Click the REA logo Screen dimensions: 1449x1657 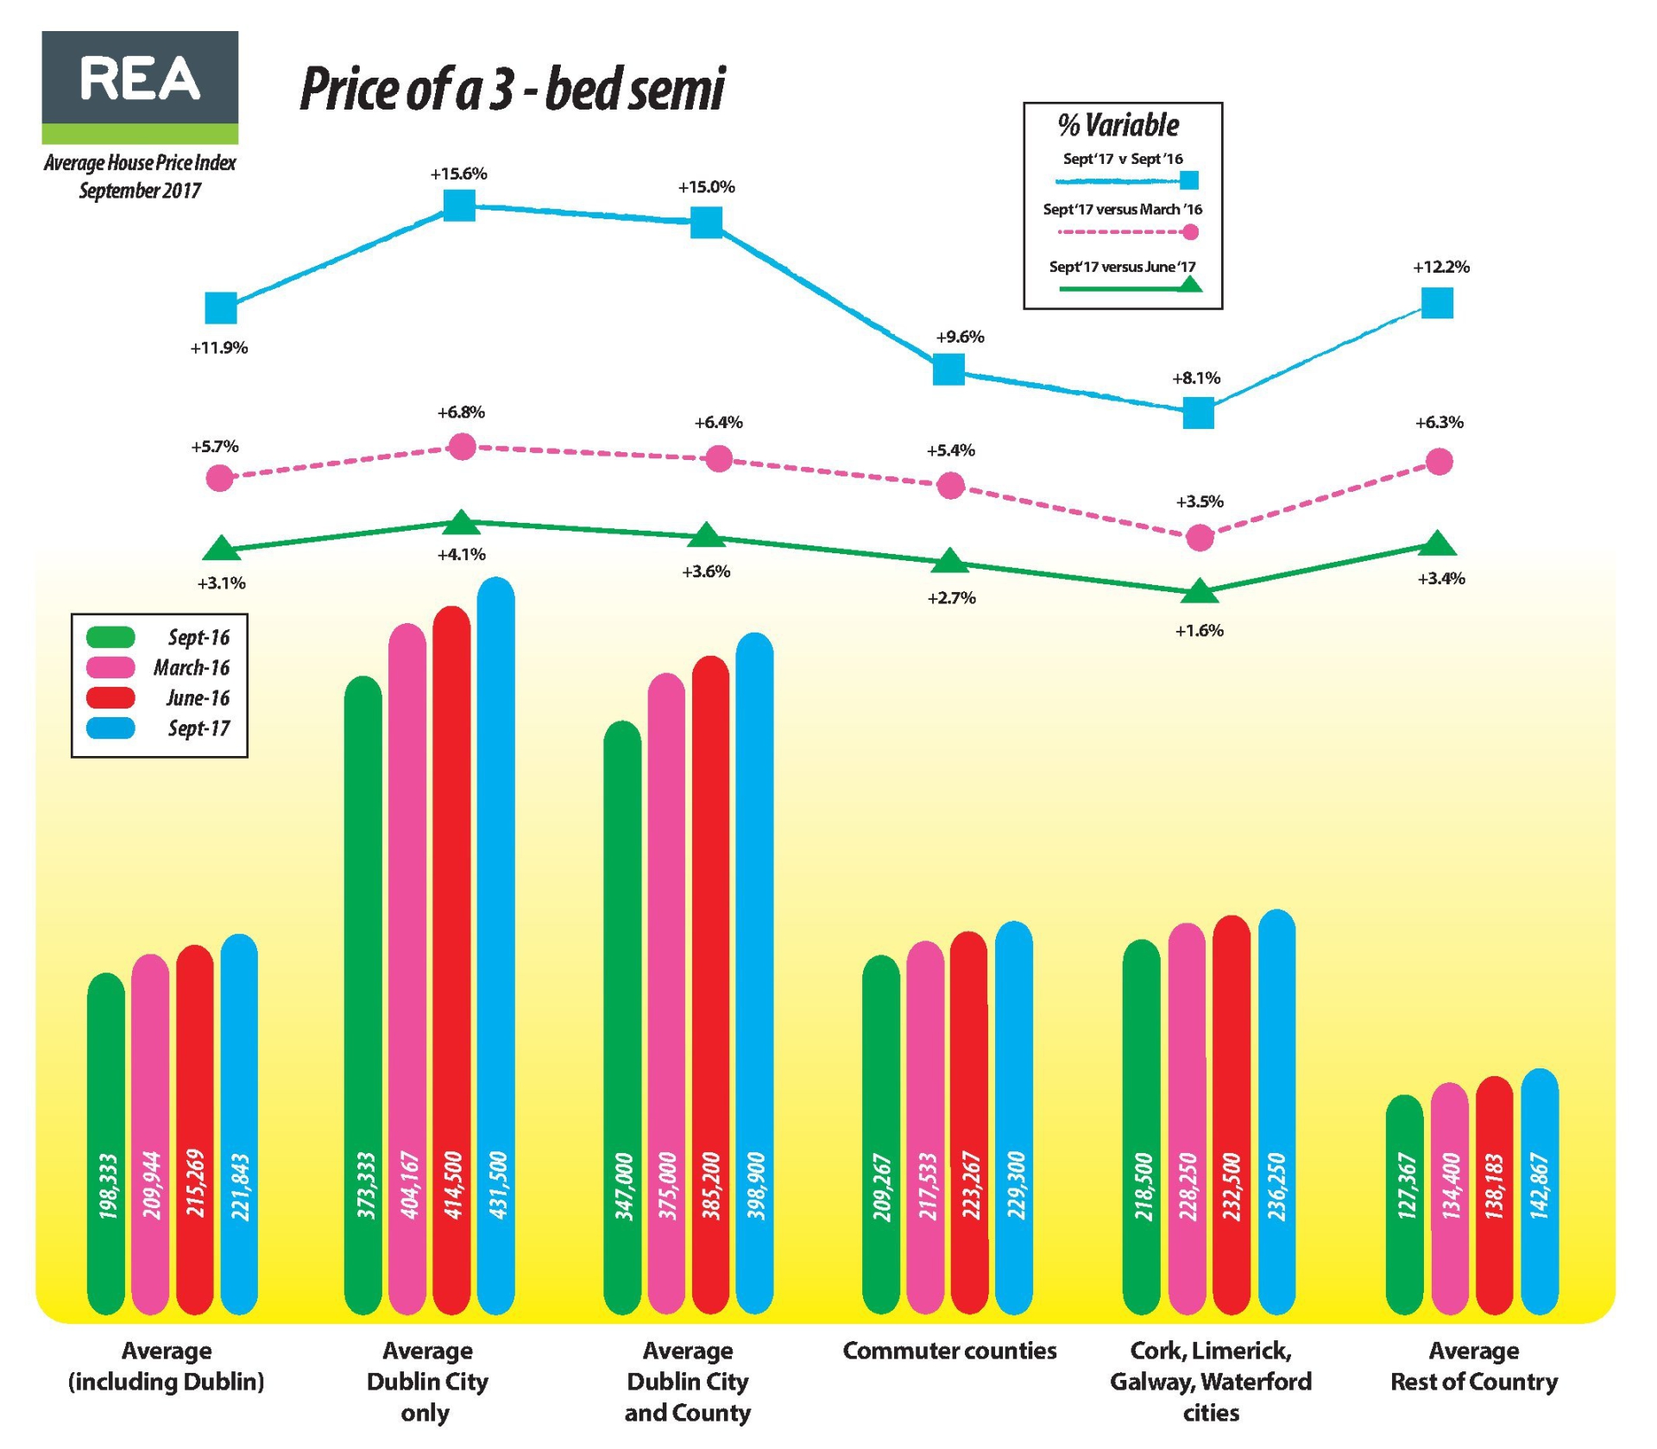[x=140, y=87]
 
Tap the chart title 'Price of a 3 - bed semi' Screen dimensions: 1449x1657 [x=512, y=89]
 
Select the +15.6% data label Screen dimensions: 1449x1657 [x=458, y=173]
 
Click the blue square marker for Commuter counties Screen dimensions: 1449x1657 [x=948, y=369]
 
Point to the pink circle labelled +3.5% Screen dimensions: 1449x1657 [x=1200, y=539]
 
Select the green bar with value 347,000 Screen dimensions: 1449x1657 [x=623, y=1018]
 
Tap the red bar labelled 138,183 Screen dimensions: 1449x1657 [x=1495, y=1195]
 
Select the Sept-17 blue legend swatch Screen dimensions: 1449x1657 [x=111, y=728]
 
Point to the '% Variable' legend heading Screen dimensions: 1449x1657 [x=1118, y=126]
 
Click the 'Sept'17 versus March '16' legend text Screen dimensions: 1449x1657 [x=1122, y=210]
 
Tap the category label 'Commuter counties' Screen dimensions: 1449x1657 [x=949, y=1351]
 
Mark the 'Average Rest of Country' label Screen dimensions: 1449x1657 [x=1474, y=1366]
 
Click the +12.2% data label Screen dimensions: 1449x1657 [x=1440, y=268]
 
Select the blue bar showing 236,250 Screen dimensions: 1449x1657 [x=1277, y=1113]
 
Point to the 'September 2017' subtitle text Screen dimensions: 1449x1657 [x=140, y=191]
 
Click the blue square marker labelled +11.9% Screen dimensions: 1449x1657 [x=221, y=307]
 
